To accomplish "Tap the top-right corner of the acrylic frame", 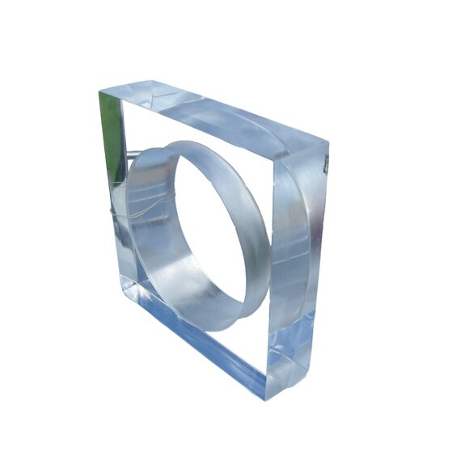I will pyautogui.click(x=328, y=146).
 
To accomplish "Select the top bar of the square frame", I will pyautogui.click(x=218, y=113).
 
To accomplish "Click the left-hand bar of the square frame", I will pyautogui.click(x=112, y=194).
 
